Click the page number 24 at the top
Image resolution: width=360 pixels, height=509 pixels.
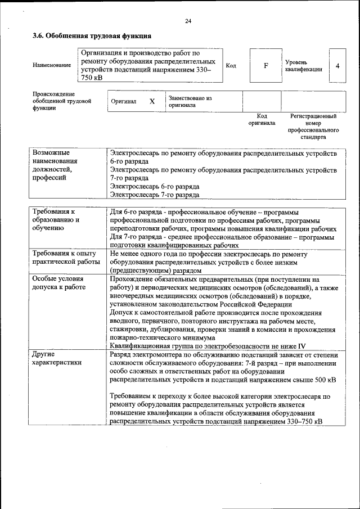(x=188, y=21)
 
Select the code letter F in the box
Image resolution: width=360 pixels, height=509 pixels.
(x=265, y=66)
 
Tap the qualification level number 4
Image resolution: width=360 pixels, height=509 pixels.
(x=337, y=66)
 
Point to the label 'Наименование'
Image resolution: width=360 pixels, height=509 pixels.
(x=52, y=65)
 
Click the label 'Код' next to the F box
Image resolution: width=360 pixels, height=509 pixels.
(x=231, y=66)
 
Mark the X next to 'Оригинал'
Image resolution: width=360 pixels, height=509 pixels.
(x=152, y=102)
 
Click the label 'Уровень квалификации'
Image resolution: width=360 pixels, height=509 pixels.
(x=303, y=66)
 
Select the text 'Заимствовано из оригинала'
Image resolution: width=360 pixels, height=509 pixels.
(x=190, y=101)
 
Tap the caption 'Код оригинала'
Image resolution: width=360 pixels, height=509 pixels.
(x=262, y=119)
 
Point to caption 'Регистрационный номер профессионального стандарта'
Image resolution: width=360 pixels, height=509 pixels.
(x=313, y=126)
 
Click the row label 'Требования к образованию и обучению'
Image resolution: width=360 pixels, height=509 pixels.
(x=56, y=219)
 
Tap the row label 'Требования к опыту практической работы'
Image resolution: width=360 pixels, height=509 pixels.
(x=64, y=258)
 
